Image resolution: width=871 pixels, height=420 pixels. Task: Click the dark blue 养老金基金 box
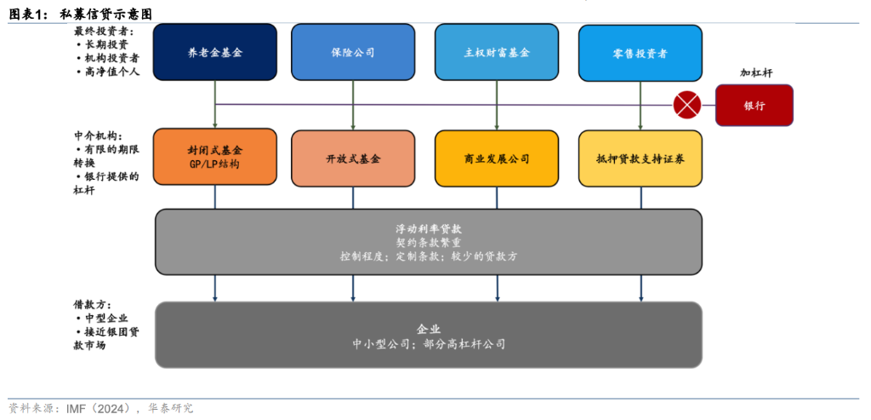click(215, 52)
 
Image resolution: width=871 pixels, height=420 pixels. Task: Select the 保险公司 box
click(352, 52)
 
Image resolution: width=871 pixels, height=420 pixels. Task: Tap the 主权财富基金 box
click(497, 52)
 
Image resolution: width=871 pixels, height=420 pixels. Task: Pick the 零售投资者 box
click(640, 52)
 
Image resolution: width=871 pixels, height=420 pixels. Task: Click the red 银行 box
click(754, 106)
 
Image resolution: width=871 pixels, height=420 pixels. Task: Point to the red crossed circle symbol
click(686, 105)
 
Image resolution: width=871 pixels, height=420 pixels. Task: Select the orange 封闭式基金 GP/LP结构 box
click(215, 157)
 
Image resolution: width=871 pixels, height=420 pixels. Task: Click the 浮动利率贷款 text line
click(428, 228)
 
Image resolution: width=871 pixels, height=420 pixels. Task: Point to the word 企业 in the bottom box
click(428, 328)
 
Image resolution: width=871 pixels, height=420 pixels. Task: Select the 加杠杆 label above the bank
click(755, 73)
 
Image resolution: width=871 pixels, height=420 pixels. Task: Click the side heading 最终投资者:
click(104, 31)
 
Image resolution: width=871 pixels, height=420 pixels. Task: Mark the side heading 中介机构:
click(99, 135)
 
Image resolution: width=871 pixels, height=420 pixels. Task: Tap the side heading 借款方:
click(93, 304)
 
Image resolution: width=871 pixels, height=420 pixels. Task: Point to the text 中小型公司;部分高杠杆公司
click(428, 344)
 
